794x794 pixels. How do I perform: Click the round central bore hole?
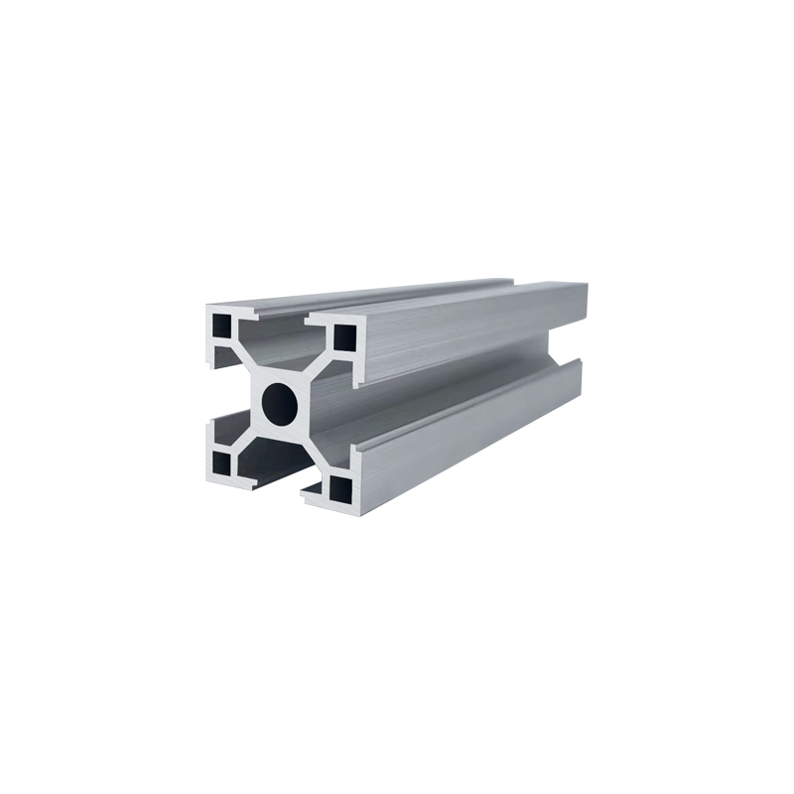pyautogui.click(x=280, y=400)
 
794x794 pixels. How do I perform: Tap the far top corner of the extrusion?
pyautogui.click(x=586, y=286)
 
